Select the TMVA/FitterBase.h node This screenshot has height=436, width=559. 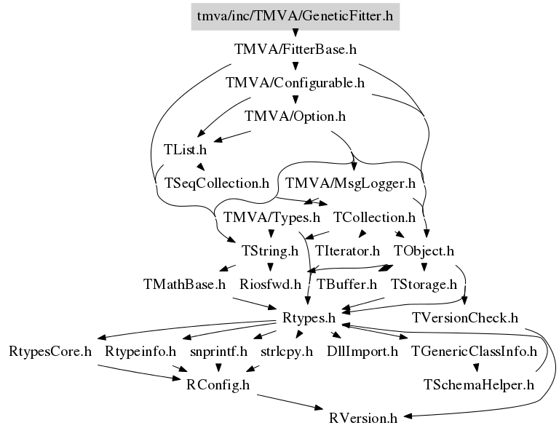point(295,49)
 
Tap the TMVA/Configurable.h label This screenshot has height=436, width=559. point(295,82)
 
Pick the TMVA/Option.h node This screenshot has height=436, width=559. point(295,116)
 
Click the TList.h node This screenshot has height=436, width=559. point(185,150)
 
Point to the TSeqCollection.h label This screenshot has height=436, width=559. point(217,183)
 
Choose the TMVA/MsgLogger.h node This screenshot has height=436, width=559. point(351,183)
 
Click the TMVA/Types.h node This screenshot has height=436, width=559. point(272,217)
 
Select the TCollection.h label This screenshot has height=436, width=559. point(374,217)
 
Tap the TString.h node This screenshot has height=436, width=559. point(269,251)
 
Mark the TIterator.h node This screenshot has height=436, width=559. point(348,251)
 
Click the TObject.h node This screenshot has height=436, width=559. point(424,251)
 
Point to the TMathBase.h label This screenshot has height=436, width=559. point(185,285)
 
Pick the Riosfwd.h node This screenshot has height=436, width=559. point(270,285)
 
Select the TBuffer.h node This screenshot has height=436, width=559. point(346,285)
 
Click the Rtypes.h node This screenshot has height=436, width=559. point(308,318)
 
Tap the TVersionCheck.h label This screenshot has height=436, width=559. point(464,318)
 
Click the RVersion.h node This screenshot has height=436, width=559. point(363,419)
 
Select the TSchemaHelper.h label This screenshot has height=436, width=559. point(479,385)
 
